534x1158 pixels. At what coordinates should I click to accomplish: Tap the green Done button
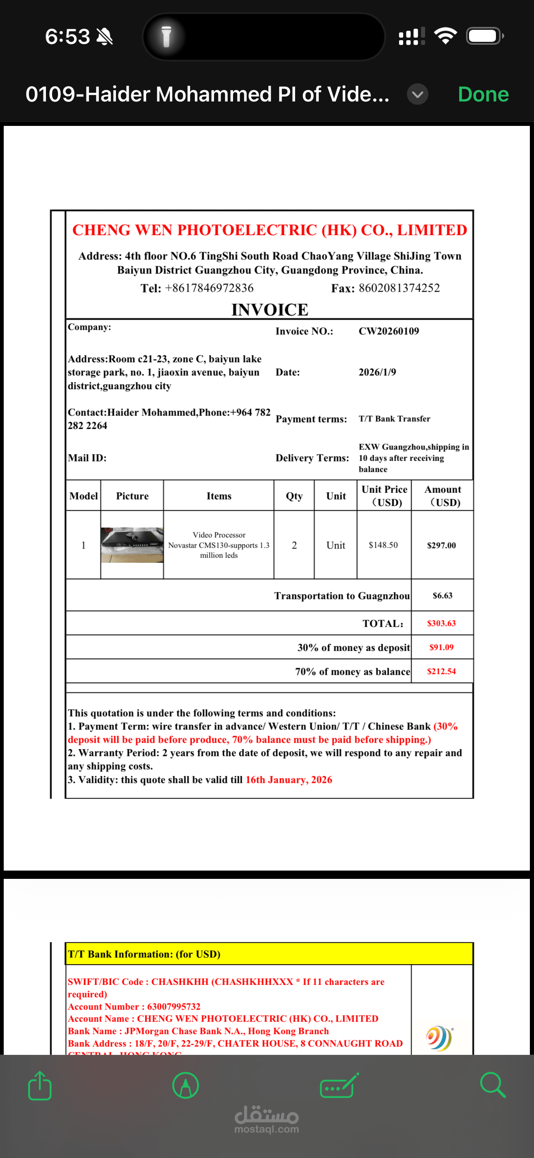(x=483, y=94)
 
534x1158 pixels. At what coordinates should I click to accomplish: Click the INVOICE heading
(x=270, y=310)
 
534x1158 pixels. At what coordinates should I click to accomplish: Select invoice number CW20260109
(x=388, y=331)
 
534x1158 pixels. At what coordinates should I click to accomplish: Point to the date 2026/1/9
(x=377, y=372)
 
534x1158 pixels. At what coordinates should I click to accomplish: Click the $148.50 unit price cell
(x=383, y=545)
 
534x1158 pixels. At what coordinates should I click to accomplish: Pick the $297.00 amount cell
(x=441, y=545)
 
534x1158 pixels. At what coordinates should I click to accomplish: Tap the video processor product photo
(x=132, y=545)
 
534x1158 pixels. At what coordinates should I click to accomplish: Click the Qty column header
(x=294, y=496)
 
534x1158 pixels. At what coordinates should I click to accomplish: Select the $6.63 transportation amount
(x=442, y=596)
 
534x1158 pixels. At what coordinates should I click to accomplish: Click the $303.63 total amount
(x=441, y=623)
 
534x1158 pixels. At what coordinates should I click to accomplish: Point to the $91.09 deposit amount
(x=441, y=647)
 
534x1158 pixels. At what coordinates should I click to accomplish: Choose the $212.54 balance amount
(x=441, y=672)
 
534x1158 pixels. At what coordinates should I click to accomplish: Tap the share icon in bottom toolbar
(x=40, y=1086)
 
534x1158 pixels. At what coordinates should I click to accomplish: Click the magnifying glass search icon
(x=493, y=1085)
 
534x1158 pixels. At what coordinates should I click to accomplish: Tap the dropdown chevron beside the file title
(x=417, y=94)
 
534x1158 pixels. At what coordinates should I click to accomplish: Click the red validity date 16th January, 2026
(x=289, y=780)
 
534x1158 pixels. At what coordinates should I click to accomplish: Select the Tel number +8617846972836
(x=209, y=288)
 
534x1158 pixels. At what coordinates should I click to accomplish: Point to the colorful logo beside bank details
(x=439, y=1038)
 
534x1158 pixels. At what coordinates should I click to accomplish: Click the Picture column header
(x=132, y=496)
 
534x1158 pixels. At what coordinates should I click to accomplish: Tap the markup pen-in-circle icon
(x=185, y=1086)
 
